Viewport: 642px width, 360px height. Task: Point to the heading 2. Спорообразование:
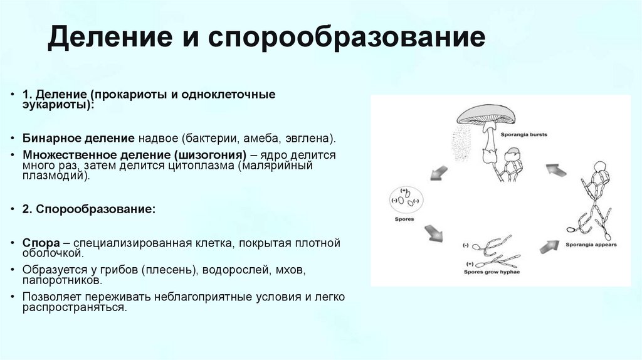[x=89, y=209]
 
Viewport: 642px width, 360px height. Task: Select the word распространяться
[x=75, y=308]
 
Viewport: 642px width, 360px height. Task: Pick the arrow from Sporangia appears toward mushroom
[x=555, y=169]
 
